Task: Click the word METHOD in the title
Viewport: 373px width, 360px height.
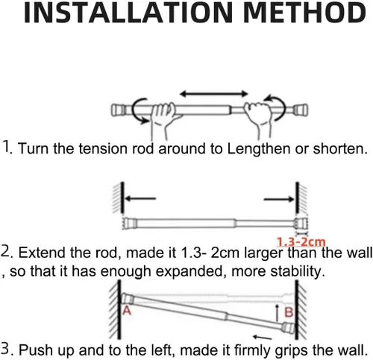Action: tap(305, 13)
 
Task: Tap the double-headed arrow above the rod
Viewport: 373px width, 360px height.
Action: tap(214, 94)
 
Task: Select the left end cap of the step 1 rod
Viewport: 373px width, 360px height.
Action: tap(117, 110)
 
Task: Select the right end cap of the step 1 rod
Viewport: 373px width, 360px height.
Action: tap(301, 110)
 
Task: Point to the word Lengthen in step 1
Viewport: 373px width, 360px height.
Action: tap(259, 149)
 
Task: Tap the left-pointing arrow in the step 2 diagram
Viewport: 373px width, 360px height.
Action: tap(140, 198)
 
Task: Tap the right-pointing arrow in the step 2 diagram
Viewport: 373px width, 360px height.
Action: tap(279, 199)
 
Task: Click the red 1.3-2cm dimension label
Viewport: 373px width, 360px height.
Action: tap(301, 241)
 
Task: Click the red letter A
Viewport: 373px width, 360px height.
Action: tap(127, 311)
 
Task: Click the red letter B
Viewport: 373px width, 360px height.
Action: tap(289, 312)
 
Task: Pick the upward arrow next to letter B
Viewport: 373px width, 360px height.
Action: tap(278, 313)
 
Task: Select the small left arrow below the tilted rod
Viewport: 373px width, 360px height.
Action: tap(263, 337)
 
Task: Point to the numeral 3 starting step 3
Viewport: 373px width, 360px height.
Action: tap(5, 348)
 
